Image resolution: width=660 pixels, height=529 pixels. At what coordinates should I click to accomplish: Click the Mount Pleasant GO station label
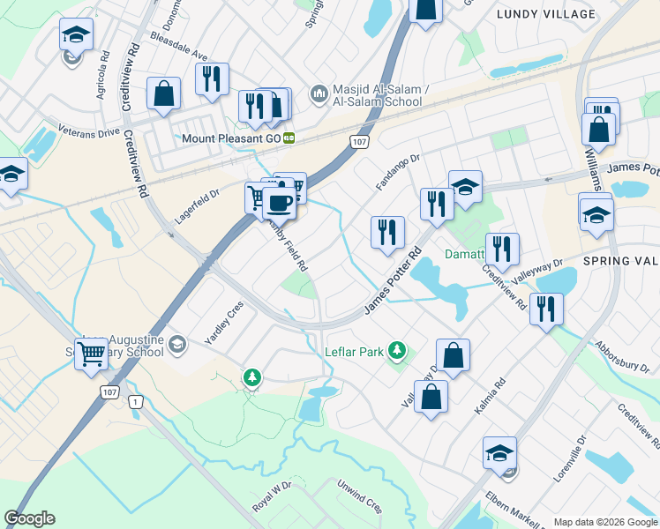231,138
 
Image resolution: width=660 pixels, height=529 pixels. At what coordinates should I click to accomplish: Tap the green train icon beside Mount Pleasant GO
289,138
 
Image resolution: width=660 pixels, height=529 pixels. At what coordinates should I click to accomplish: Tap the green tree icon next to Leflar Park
397,352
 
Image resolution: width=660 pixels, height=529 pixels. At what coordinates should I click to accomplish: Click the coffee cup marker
279,203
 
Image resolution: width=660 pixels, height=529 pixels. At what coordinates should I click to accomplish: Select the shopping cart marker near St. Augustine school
92,354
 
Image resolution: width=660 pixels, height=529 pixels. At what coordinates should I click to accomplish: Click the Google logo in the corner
29,518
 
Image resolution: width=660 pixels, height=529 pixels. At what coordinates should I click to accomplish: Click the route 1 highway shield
135,402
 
